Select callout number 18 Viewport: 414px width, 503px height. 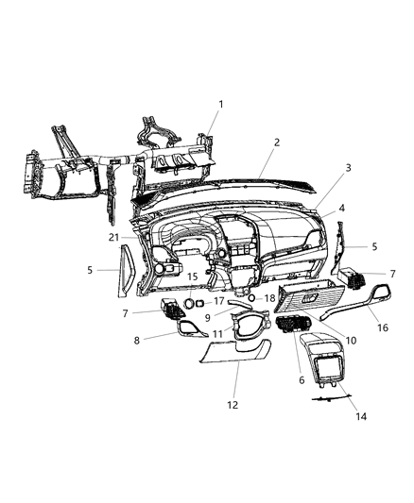(x=270, y=297)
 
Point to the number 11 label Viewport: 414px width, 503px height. (x=216, y=334)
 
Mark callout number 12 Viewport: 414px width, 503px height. (x=233, y=404)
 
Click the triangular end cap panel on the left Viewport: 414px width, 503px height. (x=125, y=268)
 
